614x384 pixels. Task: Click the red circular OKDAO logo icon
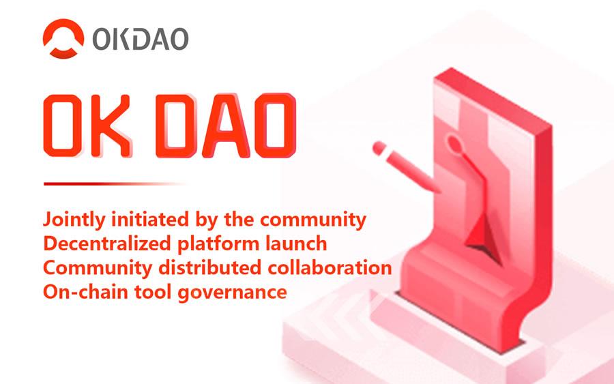63,38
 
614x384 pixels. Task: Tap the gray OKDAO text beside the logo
140,39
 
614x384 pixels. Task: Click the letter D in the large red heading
176,125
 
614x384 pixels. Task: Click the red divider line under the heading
113,183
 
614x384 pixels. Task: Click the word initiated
150,219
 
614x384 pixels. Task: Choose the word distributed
210,268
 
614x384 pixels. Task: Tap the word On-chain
86,292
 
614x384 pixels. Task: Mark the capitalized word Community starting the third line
98,269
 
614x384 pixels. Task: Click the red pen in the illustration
405,166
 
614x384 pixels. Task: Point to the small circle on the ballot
454,142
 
